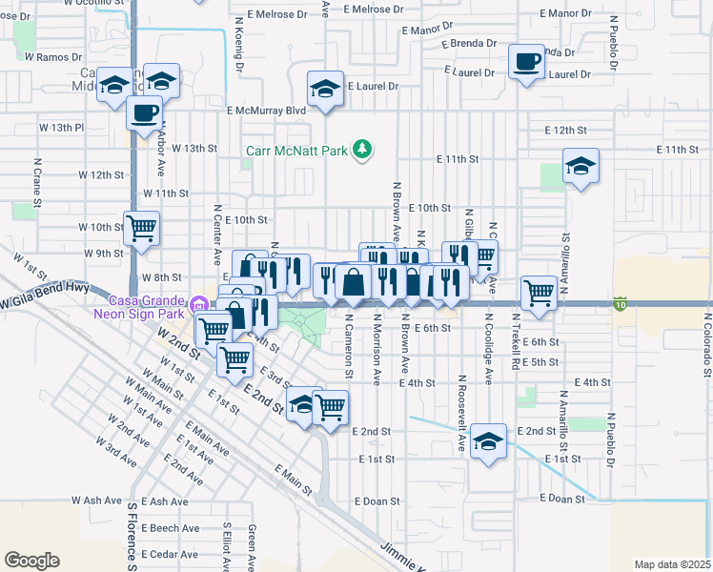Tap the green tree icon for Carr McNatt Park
pyautogui.click(x=361, y=149)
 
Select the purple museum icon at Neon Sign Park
pyautogui.click(x=197, y=305)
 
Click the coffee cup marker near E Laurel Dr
pyautogui.click(x=525, y=63)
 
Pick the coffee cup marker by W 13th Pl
pyautogui.click(x=144, y=113)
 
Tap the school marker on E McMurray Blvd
pyautogui.click(x=325, y=90)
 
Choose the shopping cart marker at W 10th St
pyautogui.click(x=141, y=229)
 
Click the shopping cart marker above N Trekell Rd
pyautogui.click(x=539, y=293)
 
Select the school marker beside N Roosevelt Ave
pyautogui.click(x=488, y=441)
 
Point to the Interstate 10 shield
pyautogui.click(x=620, y=304)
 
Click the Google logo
pyautogui.click(x=31, y=560)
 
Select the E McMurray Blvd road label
pyautogui.click(x=265, y=111)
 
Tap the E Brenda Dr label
pyautogui.click(x=470, y=44)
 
